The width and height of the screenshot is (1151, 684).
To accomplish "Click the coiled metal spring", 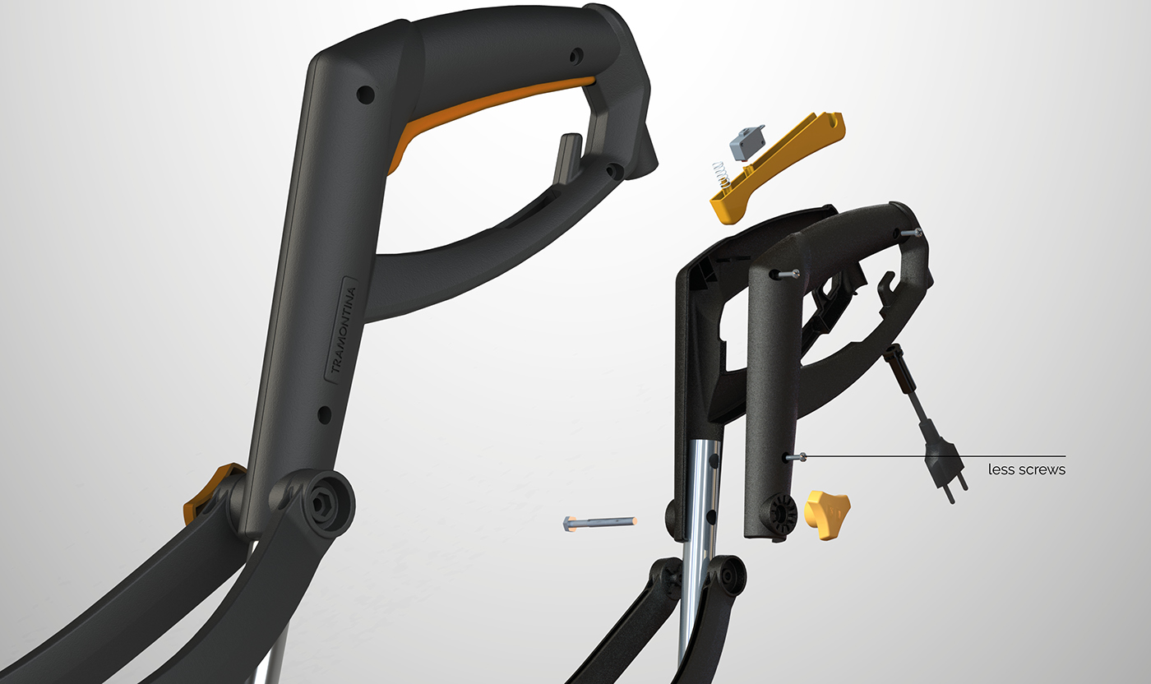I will click(721, 173).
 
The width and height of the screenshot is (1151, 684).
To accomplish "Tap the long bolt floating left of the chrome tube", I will click(599, 522).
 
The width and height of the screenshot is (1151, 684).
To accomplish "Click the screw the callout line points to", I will click(796, 457).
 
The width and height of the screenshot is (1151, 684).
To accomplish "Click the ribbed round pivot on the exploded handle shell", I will click(782, 516).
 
